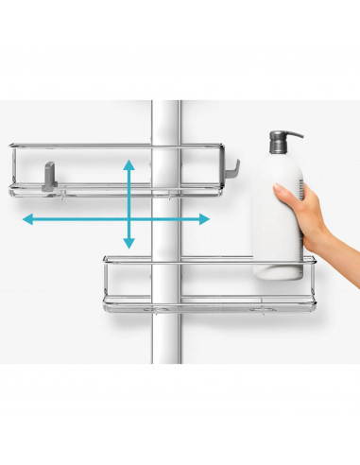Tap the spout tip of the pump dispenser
pos(300,133)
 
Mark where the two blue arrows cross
pos(129,219)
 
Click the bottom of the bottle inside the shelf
pos(277,273)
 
